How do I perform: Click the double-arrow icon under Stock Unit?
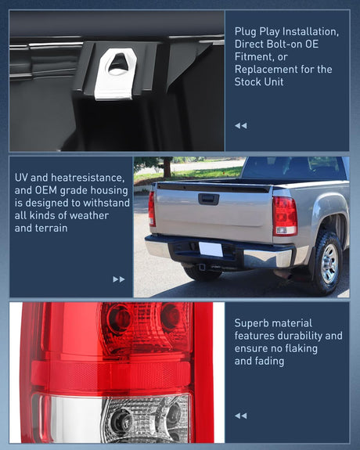click(x=240, y=125)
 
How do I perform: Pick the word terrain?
click(x=50, y=228)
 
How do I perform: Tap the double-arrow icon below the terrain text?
click(x=119, y=279)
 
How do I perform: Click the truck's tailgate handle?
click(x=208, y=199)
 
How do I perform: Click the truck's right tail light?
click(x=284, y=215)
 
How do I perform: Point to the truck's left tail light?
click(x=152, y=209)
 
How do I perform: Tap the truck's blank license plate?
click(x=211, y=249)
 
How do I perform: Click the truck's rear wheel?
click(x=329, y=263)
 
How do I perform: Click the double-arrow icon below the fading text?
click(x=240, y=416)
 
